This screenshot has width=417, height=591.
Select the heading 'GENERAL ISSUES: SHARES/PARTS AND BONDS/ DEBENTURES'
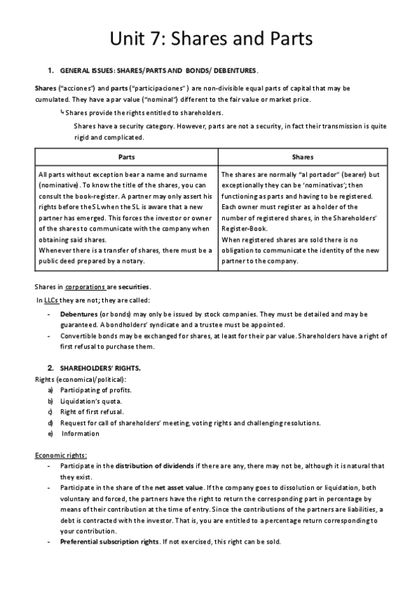coord(159,71)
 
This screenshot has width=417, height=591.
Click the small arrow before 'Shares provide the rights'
coord(63,112)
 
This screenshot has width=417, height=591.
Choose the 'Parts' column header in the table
coord(127,158)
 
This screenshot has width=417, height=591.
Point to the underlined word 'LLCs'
coord(51,300)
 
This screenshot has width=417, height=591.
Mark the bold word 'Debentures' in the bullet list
coord(79,314)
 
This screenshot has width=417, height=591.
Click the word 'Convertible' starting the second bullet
coord(78,336)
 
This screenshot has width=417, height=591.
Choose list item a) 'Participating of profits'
coord(96,390)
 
